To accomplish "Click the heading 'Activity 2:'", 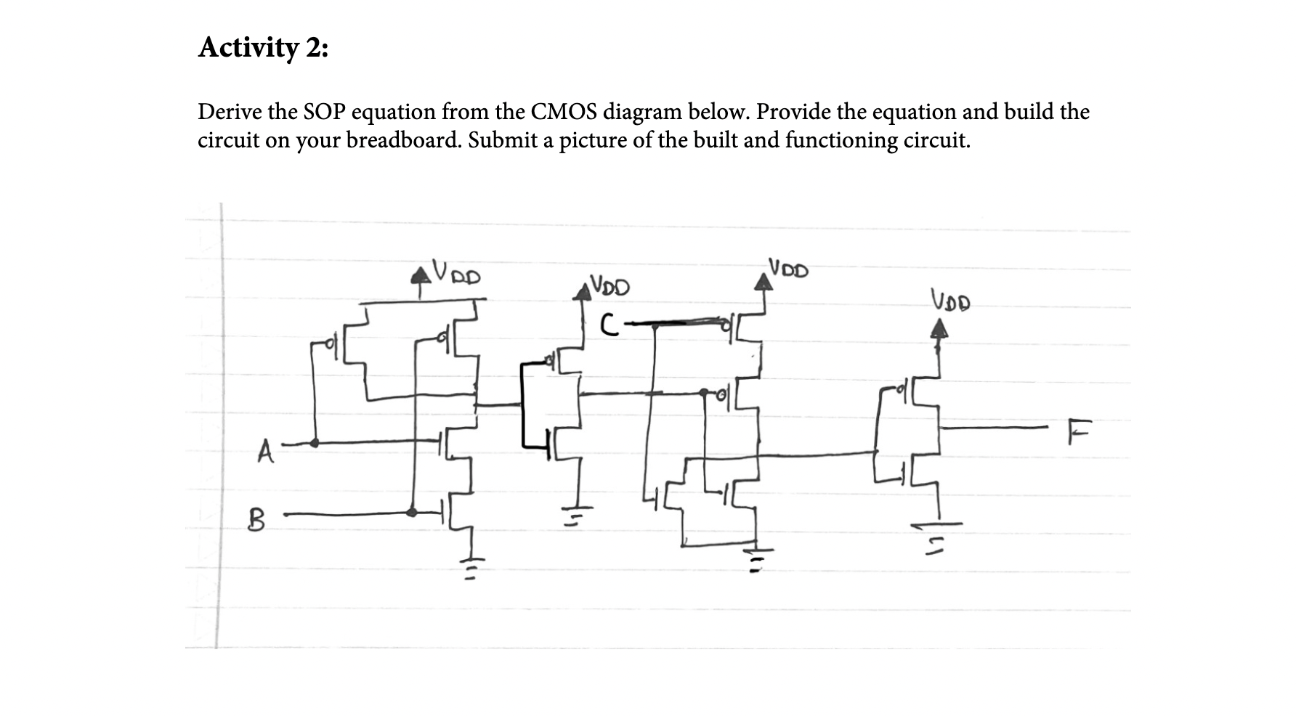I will [263, 48].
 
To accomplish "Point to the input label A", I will [266, 452].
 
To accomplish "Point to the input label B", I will [256, 520].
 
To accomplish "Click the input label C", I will [610, 325].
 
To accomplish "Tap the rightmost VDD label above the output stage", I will [950, 298].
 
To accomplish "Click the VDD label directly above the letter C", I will [609, 285].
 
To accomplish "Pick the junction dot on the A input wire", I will [315, 442].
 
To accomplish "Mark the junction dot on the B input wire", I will [412, 512].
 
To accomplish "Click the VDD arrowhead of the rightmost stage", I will [939, 330].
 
